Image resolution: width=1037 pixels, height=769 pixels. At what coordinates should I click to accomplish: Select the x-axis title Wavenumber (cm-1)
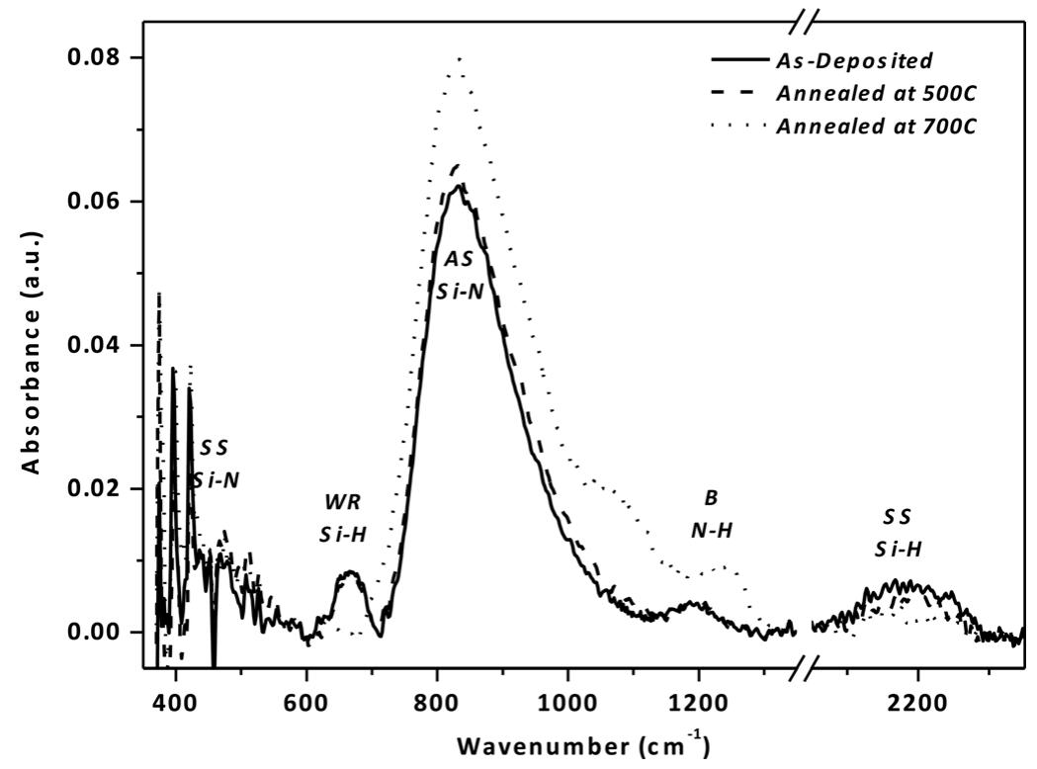click(x=588, y=741)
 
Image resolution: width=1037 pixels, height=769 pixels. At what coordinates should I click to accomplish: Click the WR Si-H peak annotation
click(x=342, y=519)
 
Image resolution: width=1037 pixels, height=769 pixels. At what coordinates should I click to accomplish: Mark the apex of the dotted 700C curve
click(x=459, y=58)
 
